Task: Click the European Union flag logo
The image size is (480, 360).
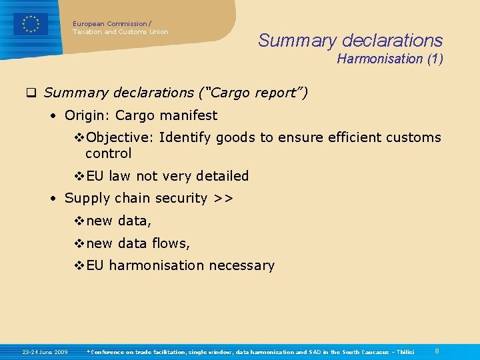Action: [x=31, y=24]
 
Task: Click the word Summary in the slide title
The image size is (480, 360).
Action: [x=289, y=41]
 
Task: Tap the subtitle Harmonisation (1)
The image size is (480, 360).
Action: [x=389, y=59]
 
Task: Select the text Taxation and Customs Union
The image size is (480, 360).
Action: [x=121, y=32]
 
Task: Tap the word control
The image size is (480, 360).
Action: [x=109, y=153]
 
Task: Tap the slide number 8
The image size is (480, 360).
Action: [x=437, y=351]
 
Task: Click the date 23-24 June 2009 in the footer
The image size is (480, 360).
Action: [x=45, y=351]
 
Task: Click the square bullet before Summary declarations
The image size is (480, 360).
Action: [x=31, y=93]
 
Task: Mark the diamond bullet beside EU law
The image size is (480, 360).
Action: [x=78, y=176]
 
